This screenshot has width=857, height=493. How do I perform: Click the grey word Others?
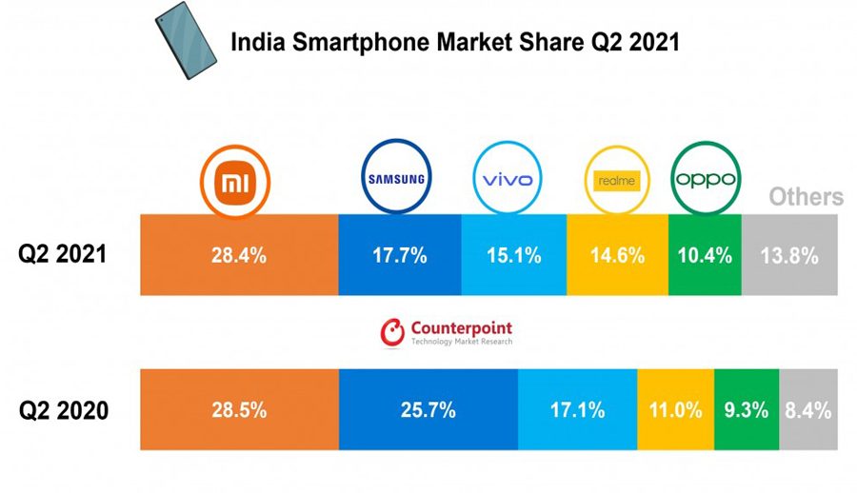[x=806, y=197]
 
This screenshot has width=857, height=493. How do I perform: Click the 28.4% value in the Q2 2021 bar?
[x=239, y=255]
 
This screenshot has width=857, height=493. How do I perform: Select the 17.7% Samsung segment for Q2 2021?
[x=399, y=255]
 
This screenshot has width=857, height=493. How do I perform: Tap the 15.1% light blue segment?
[x=513, y=255]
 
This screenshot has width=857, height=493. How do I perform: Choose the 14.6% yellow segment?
[x=617, y=255]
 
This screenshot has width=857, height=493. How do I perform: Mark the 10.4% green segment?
[x=704, y=255]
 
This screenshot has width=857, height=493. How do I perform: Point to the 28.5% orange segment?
[x=239, y=411]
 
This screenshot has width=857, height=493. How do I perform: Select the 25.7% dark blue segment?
[x=428, y=411]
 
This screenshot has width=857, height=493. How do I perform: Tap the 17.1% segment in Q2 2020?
[x=577, y=411]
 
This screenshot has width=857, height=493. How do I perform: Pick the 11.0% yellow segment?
[x=675, y=411]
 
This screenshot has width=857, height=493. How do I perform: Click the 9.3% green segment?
[x=747, y=411]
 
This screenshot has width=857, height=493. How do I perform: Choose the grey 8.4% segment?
[x=809, y=411]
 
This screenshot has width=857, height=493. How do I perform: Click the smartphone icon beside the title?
[x=187, y=41]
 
